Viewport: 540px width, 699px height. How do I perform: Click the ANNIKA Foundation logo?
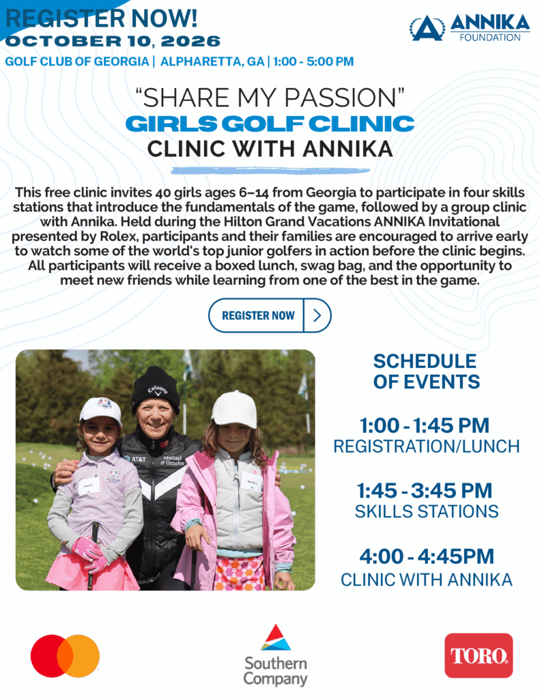470,27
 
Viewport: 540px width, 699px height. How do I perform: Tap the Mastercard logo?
65,656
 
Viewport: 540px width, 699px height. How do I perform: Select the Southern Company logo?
276,655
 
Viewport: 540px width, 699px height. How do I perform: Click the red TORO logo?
479,655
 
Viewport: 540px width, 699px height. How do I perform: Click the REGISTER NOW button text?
258,315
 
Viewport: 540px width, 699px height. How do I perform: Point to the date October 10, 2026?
113,41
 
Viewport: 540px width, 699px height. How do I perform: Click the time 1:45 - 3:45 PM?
425,490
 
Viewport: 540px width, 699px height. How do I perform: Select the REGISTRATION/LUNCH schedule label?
427,446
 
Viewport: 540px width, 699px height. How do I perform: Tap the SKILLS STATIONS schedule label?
427,511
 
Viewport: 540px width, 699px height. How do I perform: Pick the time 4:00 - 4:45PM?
427,556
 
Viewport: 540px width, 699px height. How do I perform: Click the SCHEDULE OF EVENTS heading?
426,371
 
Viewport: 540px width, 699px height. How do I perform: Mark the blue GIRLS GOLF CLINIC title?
270,124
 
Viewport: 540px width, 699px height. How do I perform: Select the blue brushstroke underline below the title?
270,171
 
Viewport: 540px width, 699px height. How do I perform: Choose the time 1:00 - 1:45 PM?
425,425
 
